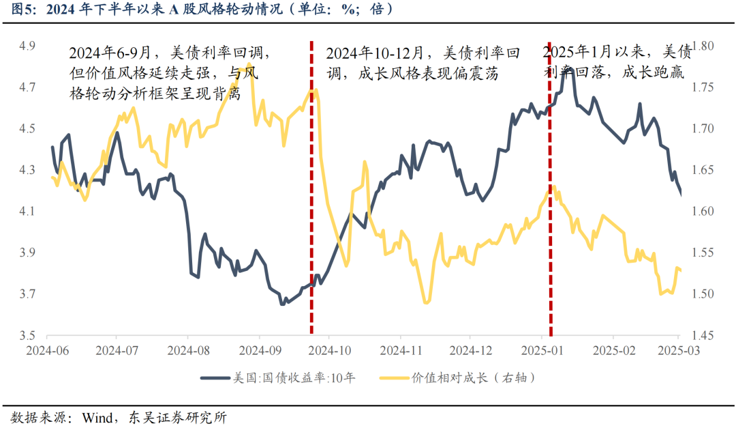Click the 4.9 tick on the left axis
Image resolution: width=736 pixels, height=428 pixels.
tap(27, 46)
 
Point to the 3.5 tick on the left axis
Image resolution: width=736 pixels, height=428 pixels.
tap(27, 336)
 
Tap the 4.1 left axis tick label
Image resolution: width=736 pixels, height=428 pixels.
tap(27, 212)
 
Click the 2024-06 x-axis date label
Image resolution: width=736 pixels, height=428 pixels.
tap(46, 351)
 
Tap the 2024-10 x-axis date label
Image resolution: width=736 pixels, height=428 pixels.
tap(328, 351)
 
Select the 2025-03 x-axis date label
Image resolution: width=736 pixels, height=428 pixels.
tap(679, 351)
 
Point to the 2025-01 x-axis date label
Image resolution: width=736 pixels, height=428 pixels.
tap(541, 351)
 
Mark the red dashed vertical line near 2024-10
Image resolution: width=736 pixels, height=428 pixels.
tap(312, 205)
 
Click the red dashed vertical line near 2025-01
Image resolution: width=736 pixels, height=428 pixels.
tap(550, 205)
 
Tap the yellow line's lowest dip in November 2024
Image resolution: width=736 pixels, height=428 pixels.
tap(427, 302)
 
